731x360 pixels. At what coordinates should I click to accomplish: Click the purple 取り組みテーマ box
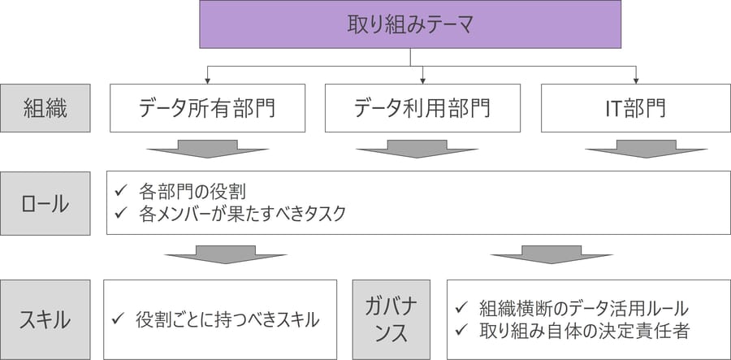[410, 24]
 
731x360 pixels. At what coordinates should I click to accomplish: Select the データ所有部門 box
[207, 108]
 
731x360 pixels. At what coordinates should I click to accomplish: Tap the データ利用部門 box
[422, 108]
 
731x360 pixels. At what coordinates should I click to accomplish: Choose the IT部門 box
[636, 108]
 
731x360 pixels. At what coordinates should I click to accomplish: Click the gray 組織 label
[45, 108]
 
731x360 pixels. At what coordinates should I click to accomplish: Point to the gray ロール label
[45, 203]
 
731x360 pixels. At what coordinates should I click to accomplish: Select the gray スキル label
[45, 320]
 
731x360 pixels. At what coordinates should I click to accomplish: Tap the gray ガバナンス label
[391, 320]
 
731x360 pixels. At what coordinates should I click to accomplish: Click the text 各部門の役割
[192, 192]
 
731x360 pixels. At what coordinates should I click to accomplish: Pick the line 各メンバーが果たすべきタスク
[242, 214]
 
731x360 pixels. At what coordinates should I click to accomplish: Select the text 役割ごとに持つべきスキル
[227, 320]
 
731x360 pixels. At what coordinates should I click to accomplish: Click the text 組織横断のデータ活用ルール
[584, 308]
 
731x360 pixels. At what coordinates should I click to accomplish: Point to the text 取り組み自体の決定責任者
[584, 331]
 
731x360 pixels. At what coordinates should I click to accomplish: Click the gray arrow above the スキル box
[226, 255]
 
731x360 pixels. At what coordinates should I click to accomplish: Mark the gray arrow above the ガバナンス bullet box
[551, 255]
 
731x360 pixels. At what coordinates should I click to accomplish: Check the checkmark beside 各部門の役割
[120, 192]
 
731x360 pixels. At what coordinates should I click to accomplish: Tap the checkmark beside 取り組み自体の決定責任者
[461, 331]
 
